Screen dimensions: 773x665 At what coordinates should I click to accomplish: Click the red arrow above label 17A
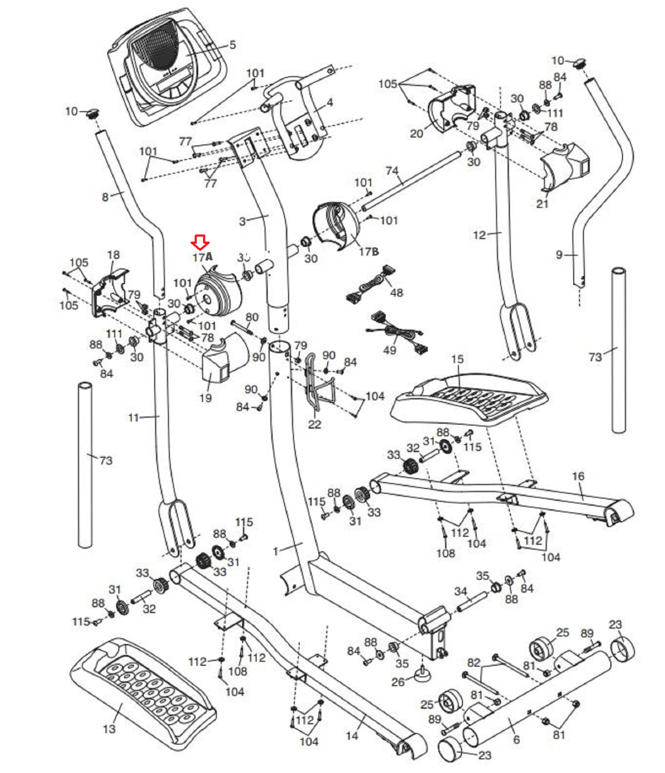coord(200,241)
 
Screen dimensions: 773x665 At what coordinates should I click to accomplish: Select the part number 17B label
coord(369,251)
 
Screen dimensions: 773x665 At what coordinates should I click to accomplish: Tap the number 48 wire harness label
coord(396,292)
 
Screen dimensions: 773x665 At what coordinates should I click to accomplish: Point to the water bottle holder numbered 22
coord(317,386)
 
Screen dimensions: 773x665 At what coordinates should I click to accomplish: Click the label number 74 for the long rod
coord(392,171)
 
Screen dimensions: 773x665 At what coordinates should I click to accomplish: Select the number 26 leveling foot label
coord(398,682)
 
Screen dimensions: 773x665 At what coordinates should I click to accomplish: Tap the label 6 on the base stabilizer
coord(516,740)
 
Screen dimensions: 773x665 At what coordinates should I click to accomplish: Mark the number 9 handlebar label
coord(559,255)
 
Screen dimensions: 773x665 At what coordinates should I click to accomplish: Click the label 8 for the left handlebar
coord(105,197)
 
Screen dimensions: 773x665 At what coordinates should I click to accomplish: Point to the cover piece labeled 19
coord(222,360)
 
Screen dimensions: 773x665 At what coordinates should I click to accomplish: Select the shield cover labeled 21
coord(563,167)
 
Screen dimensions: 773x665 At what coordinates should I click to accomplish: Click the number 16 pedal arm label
coord(578,476)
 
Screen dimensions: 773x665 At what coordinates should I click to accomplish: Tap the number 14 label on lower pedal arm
coord(352,735)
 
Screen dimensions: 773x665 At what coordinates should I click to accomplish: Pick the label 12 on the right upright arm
coord(479,235)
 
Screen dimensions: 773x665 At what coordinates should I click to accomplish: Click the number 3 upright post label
coord(243,221)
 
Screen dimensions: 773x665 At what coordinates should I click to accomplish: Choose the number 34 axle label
coord(461,591)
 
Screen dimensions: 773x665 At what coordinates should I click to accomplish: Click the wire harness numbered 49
coord(396,333)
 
